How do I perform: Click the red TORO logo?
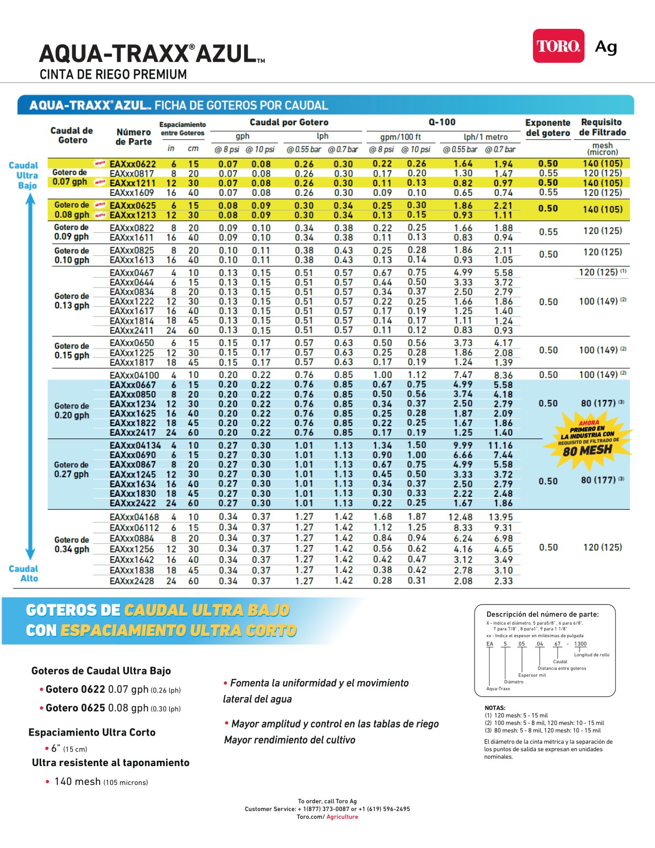(x=558, y=46)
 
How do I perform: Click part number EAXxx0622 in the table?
(x=133, y=164)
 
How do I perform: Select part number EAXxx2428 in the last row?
(x=132, y=581)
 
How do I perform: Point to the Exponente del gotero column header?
(x=547, y=128)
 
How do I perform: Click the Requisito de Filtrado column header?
(x=602, y=127)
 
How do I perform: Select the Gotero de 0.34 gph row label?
(x=72, y=544)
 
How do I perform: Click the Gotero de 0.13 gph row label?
(x=72, y=301)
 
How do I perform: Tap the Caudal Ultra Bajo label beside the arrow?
(x=24, y=176)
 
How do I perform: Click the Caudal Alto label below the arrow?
(x=24, y=573)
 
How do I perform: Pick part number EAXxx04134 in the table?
(x=135, y=445)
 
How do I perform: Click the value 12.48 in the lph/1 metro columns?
(x=460, y=517)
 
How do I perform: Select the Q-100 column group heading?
(x=442, y=122)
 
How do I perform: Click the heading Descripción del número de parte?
(x=542, y=614)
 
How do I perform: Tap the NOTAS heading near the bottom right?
(x=495, y=708)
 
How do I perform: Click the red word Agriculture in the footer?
(x=342, y=817)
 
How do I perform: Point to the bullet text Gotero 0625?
(x=75, y=708)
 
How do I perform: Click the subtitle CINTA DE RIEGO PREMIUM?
(x=113, y=74)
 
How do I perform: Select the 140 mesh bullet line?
(x=101, y=782)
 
